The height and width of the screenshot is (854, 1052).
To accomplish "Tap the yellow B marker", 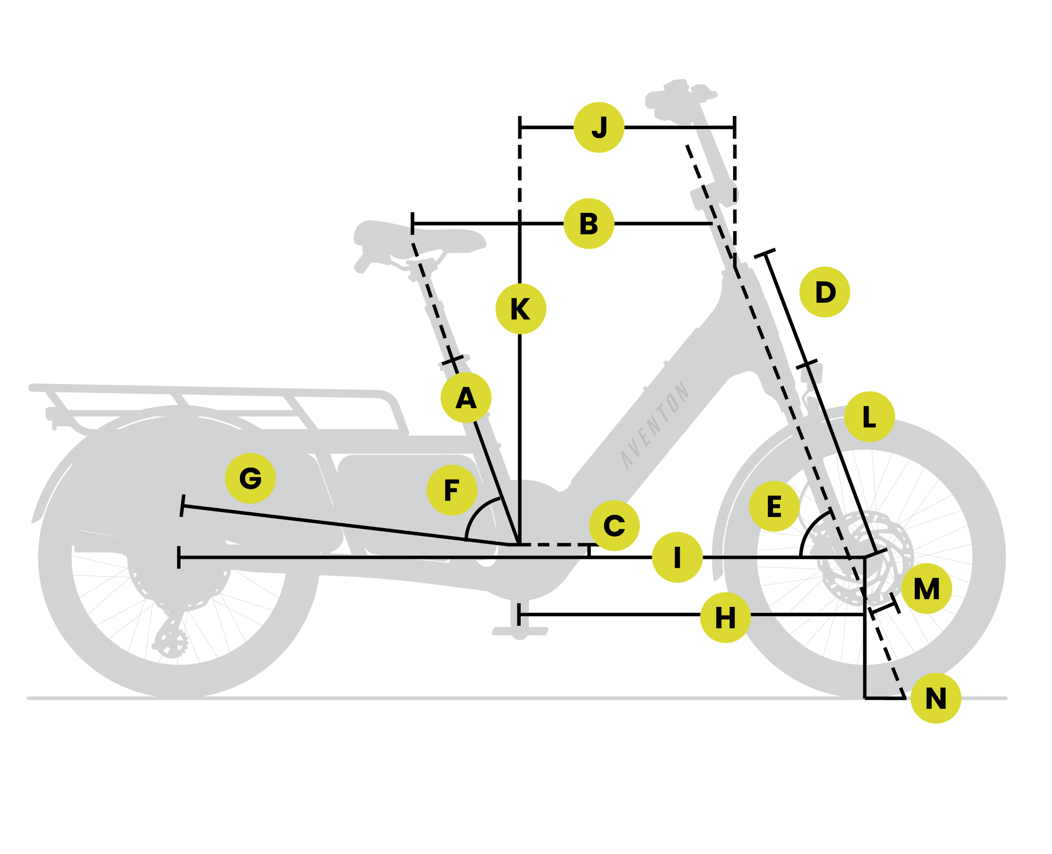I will [589, 224].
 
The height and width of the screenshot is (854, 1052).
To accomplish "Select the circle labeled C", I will [614, 526].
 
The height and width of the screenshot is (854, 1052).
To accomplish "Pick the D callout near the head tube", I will [825, 292].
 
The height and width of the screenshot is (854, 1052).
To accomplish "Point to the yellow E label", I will [774, 506].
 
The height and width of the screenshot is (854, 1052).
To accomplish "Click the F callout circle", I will [451, 490].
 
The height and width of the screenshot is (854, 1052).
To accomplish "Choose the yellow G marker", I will [250, 478].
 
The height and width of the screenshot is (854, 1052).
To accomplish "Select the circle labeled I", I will [677, 558].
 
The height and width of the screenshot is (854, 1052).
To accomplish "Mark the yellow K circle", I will [520, 309].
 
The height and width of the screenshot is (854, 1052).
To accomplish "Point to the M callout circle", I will [926, 588].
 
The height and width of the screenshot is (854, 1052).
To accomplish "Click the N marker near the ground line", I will [935, 698].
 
